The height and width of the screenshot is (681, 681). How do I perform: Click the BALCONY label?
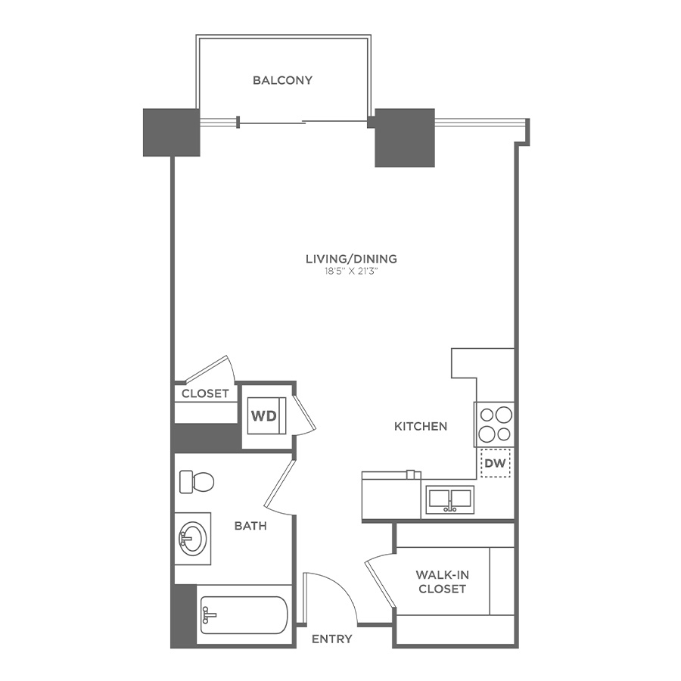tap(282, 80)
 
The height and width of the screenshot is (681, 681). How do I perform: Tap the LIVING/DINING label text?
tap(351, 259)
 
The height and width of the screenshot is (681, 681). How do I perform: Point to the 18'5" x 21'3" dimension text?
tap(351, 272)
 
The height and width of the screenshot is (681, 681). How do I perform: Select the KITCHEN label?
tap(421, 427)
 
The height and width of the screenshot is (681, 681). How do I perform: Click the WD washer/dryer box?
tap(264, 415)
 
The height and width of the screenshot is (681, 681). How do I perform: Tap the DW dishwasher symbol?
tap(495, 463)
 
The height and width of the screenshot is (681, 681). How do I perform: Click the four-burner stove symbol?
tap(495, 424)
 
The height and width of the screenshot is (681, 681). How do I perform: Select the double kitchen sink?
tap(450, 500)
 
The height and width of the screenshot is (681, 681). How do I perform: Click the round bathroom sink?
tap(192, 539)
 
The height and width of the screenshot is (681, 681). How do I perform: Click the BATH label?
tap(250, 525)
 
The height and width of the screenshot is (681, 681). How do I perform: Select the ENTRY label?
tap(332, 639)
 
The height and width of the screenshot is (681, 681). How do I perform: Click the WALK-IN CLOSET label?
tap(441, 581)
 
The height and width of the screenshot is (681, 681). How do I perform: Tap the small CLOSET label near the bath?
tap(205, 393)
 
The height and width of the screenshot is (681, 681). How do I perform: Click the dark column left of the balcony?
tap(172, 132)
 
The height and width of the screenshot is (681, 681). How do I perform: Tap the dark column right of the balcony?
tap(405, 138)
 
